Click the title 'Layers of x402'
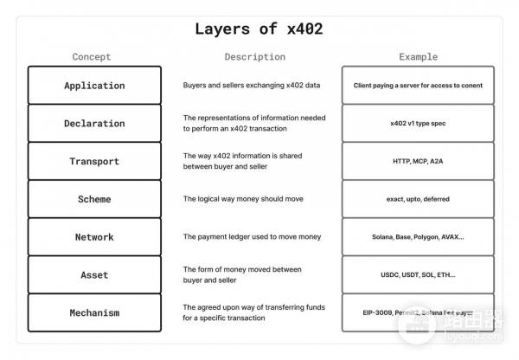pos(259,29)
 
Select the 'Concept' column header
pos(92,57)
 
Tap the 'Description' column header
pos(254,57)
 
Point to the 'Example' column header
pos(418,57)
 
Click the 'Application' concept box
pos(94,86)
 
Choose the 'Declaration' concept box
pos(94,124)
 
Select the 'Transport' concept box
pos(94,162)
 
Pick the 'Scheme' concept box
pos(94,199)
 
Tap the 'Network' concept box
pos(94,237)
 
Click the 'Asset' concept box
pos(94,275)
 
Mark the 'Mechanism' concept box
pos(94,312)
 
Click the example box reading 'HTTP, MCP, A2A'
pos(418,162)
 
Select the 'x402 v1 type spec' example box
pos(418,124)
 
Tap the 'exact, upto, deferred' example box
pos(418,199)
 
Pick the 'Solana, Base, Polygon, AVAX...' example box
pos(418,237)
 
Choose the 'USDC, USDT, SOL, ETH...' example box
pos(418,275)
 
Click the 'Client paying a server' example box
pos(418,86)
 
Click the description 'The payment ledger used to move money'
pos(252,237)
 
